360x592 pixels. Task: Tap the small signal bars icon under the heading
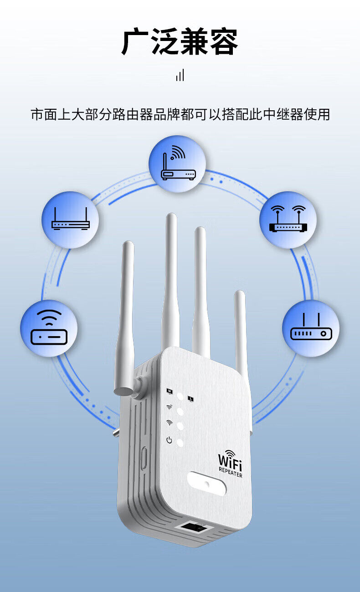180,76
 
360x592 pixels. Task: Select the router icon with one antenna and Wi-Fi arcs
177,164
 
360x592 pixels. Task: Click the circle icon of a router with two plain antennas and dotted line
70,219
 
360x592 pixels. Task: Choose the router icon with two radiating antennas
288,219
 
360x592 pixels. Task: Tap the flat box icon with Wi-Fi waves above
49,328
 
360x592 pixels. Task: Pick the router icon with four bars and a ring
311,328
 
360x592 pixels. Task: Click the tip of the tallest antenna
171,218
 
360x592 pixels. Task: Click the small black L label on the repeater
190,398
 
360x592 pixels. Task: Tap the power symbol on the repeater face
169,440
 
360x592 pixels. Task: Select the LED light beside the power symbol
180,442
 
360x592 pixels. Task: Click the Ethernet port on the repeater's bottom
194,528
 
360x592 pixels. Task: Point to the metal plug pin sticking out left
117,430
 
